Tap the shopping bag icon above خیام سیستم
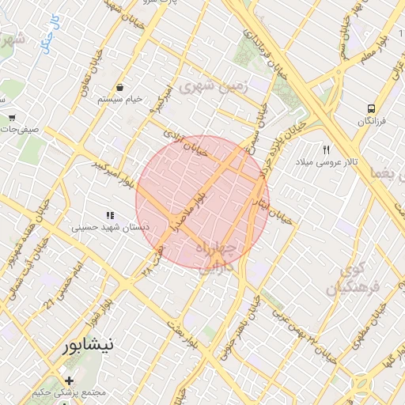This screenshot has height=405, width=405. coord(119,87)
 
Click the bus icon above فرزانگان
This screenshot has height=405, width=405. coord(370,109)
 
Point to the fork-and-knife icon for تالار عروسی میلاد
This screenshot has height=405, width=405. coord(325,149)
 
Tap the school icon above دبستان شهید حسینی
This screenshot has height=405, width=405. coord(110,214)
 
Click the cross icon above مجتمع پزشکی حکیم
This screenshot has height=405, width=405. coord(70,381)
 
